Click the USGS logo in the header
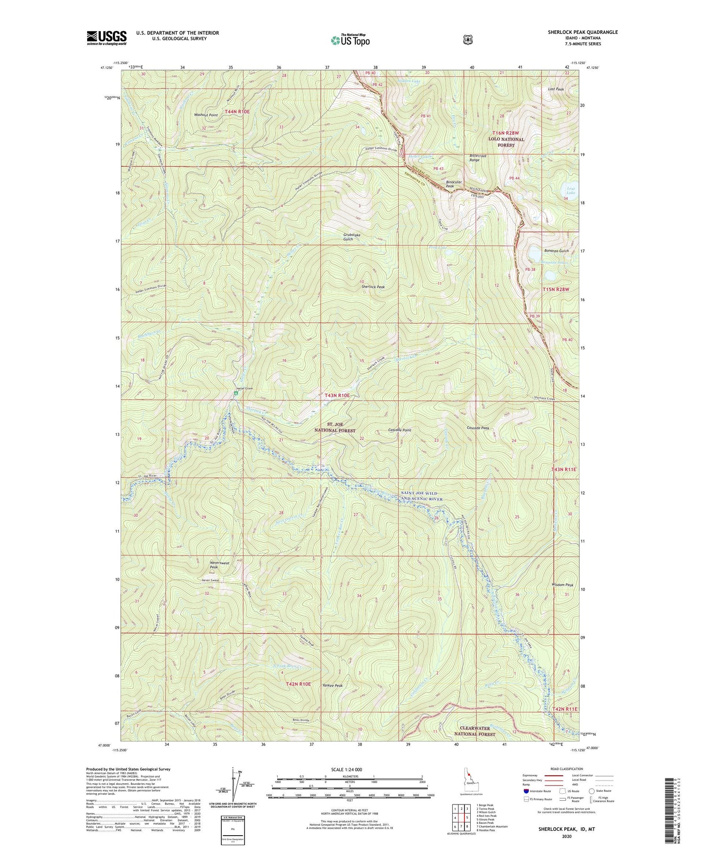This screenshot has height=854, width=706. (106, 38)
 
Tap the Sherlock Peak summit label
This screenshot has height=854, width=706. (373, 287)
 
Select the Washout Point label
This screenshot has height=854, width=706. (206, 115)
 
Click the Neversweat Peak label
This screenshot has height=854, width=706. (220, 565)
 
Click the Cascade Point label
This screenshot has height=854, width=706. (400, 430)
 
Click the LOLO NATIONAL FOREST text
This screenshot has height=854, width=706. (506, 142)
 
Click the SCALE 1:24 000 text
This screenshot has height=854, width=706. (350, 770)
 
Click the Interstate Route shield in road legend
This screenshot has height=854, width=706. (526, 791)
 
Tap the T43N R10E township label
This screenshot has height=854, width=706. (337, 396)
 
